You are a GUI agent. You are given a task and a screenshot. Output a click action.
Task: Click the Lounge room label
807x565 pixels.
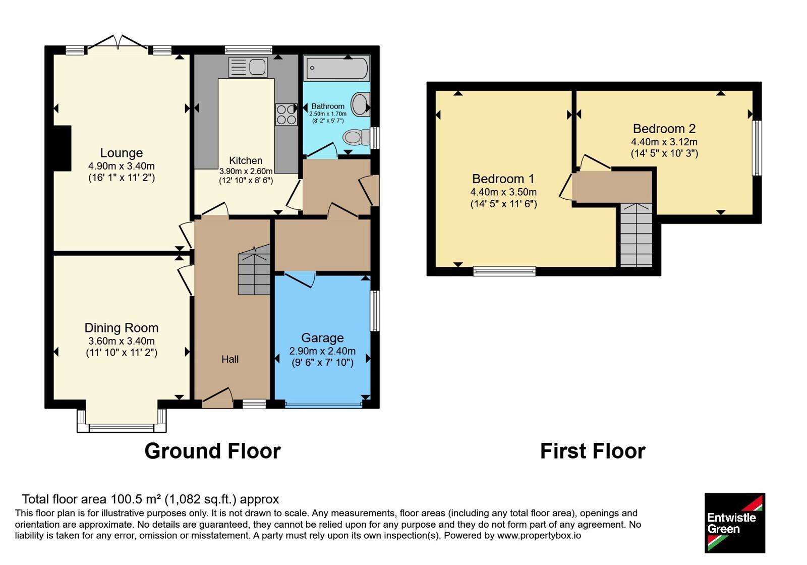[x=122, y=153]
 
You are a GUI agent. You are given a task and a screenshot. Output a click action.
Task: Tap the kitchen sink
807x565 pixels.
[x=248, y=67]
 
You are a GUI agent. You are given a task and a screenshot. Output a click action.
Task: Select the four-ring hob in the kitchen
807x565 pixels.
[x=286, y=115]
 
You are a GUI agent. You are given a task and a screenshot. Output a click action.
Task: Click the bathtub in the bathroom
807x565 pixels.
[x=337, y=68]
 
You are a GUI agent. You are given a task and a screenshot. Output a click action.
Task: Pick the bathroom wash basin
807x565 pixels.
[x=360, y=104]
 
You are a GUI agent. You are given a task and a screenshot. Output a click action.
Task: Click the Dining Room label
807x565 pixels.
[x=122, y=328]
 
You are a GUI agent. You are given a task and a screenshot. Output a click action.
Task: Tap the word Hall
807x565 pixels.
[x=230, y=359]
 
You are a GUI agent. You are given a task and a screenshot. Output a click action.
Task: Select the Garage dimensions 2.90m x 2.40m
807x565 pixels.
[x=322, y=351]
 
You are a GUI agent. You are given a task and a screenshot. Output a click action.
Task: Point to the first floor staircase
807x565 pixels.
[x=636, y=235]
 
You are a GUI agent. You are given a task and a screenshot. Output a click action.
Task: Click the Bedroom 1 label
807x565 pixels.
[x=503, y=179]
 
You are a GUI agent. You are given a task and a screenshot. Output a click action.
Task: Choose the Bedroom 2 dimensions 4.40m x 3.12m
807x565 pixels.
[x=664, y=142]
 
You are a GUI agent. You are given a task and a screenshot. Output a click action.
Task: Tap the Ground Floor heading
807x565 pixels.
[x=212, y=451]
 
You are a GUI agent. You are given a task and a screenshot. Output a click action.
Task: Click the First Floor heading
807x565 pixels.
[x=593, y=451]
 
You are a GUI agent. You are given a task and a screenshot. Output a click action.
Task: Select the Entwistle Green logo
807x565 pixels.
[x=735, y=523]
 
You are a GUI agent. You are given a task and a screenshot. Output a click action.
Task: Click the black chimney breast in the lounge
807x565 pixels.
[x=62, y=148]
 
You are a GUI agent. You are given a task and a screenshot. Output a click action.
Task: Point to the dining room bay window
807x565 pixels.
[x=122, y=421]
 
